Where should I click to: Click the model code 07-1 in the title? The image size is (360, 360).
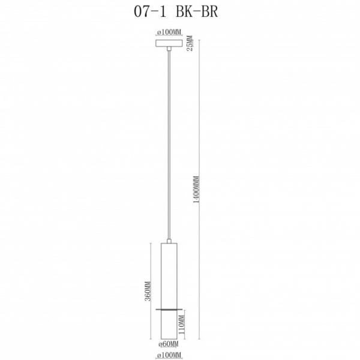(151, 14)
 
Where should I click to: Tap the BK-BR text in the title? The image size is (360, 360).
(203, 14)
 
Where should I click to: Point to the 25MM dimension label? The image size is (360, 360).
(190, 44)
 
